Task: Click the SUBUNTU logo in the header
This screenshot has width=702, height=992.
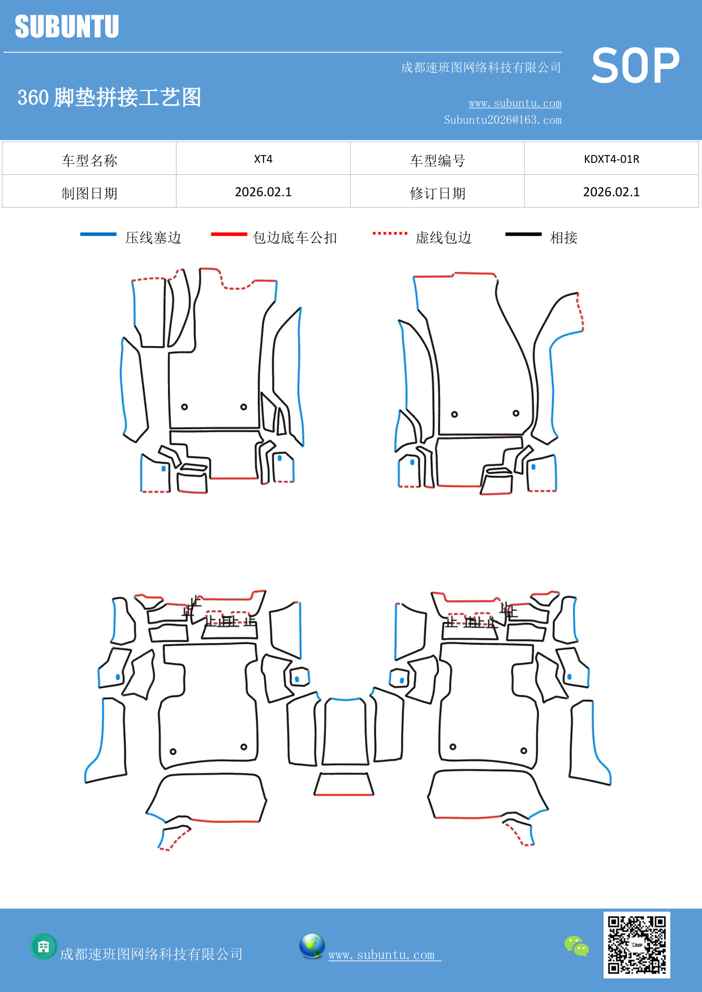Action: pos(67,27)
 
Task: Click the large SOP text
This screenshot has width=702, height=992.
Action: pos(635,66)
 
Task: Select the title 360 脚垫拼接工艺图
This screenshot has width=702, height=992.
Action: pos(109,97)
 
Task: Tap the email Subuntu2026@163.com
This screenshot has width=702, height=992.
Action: pos(502,120)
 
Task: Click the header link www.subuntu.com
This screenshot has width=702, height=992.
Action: pos(515,103)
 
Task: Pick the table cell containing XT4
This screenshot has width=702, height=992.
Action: pos(263,159)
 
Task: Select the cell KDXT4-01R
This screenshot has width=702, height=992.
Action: pos(611,159)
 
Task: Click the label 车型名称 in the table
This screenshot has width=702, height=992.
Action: pos(89,161)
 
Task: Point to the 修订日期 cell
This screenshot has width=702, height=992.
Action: pos(437,193)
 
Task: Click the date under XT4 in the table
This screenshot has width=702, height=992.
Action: pos(263,192)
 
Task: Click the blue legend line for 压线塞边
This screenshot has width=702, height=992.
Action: pos(98,234)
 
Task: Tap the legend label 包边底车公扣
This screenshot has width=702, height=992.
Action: pos(295,238)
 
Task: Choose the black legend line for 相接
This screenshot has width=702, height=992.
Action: pos(523,234)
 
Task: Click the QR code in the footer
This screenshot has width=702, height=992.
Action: pos(636,945)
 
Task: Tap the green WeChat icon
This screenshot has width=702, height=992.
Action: pos(576,946)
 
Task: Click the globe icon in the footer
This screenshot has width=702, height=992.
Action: pos(312,946)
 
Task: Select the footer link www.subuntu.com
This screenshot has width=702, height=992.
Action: pos(384,955)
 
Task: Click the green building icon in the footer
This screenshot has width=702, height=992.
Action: pos(44,946)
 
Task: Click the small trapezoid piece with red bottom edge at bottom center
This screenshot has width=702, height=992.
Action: pos(344,784)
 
